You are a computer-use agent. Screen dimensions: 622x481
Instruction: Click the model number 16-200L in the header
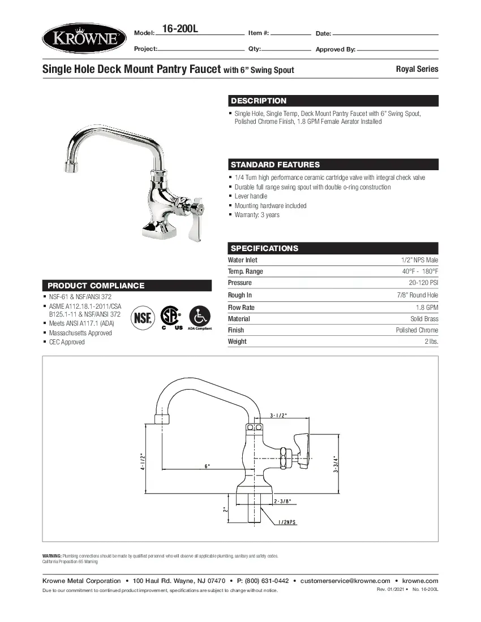pyautogui.click(x=180, y=29)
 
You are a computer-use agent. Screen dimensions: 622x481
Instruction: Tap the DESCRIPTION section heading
pyautogui.click(x=259, y=101)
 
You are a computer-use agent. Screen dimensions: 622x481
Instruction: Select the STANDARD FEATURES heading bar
pyautogui.click(x=275, y=165)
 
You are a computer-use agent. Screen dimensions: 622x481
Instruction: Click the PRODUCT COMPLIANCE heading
pyautogui.click(x=96, y=286)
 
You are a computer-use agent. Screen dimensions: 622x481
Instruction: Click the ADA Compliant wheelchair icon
pyautogui.click(x=199, y=316)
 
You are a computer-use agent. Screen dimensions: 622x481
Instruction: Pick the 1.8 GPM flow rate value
pyautogui.click(x=428, y=308)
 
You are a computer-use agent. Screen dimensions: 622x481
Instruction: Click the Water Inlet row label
pyautogui.click(x=242, y=260)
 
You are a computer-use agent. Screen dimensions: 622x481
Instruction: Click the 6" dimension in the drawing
pyautogui.click(x=208, y=466)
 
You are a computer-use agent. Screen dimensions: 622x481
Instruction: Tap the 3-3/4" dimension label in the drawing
pyautogui.click(x=336, y=463)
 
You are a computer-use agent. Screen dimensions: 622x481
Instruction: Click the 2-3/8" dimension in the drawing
pyautogui.click(x=282, y=501)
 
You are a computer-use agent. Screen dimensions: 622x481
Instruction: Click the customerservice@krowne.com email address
pyautogui.click(x=345, y=581)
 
